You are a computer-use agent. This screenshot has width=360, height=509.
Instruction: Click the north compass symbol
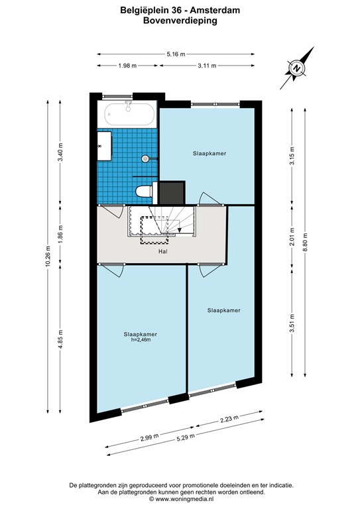pos(297,68)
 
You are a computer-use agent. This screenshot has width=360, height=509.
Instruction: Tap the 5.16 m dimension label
pos(176,54)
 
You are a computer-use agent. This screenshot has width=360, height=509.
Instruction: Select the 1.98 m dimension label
pos(127,66)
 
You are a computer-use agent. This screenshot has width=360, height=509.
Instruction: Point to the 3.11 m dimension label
pos(207,66)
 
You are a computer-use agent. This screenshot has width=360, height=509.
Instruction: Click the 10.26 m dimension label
pos(48,256)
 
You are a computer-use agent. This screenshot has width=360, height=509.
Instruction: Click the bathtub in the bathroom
pos(129,114)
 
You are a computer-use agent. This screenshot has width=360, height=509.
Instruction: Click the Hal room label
pos(163,251)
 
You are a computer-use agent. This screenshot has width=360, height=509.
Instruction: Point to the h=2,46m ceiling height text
pos(141,340)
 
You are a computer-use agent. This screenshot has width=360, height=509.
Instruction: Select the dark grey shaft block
pos(172,192)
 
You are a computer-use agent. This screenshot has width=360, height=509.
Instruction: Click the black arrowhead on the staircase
pos(179,229)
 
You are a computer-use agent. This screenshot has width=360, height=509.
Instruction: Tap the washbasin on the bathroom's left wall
pos(104,145)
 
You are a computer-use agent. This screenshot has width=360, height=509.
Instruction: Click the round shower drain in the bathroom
pos(145,159)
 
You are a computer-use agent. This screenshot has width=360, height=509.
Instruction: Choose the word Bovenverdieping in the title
pos(180,21)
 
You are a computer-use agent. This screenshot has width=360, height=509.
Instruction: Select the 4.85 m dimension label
pos(60,339)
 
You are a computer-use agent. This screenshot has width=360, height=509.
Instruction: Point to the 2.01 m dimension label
pos(292,237)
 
